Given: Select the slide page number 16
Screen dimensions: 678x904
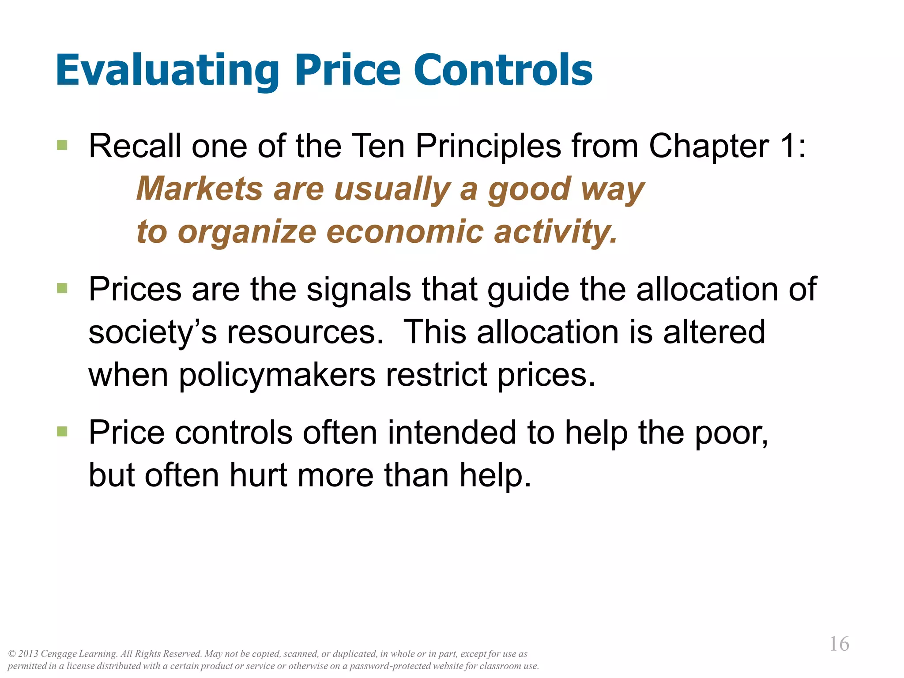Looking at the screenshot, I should (x=839, y=644).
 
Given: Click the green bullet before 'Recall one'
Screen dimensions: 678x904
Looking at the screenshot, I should (x=62, y=145).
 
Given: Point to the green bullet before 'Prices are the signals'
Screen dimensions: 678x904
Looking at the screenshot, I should (x=62, y=288).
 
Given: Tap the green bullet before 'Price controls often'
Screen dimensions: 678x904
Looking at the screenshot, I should (x=62, y=431).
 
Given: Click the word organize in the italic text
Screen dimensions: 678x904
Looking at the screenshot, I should (x=247, y=232).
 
